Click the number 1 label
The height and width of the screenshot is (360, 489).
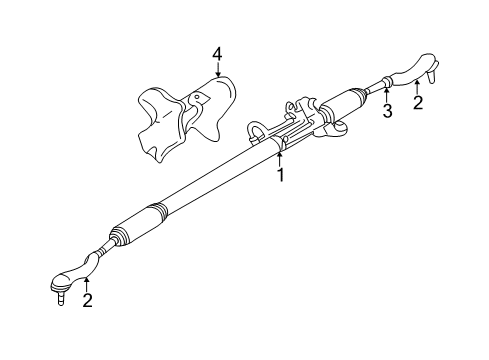(281, 174)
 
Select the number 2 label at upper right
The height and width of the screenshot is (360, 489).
(418, 102)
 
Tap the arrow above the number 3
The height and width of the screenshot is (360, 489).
(387, 95)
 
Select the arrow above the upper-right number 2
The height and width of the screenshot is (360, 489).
(418, 85)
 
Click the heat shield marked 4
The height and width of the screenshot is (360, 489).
(185, 115)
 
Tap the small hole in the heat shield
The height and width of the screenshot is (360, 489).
(197, 96)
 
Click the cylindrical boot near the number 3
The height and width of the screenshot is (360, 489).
(347, 100)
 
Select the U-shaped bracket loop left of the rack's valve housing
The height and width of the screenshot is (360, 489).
(259, 130)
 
